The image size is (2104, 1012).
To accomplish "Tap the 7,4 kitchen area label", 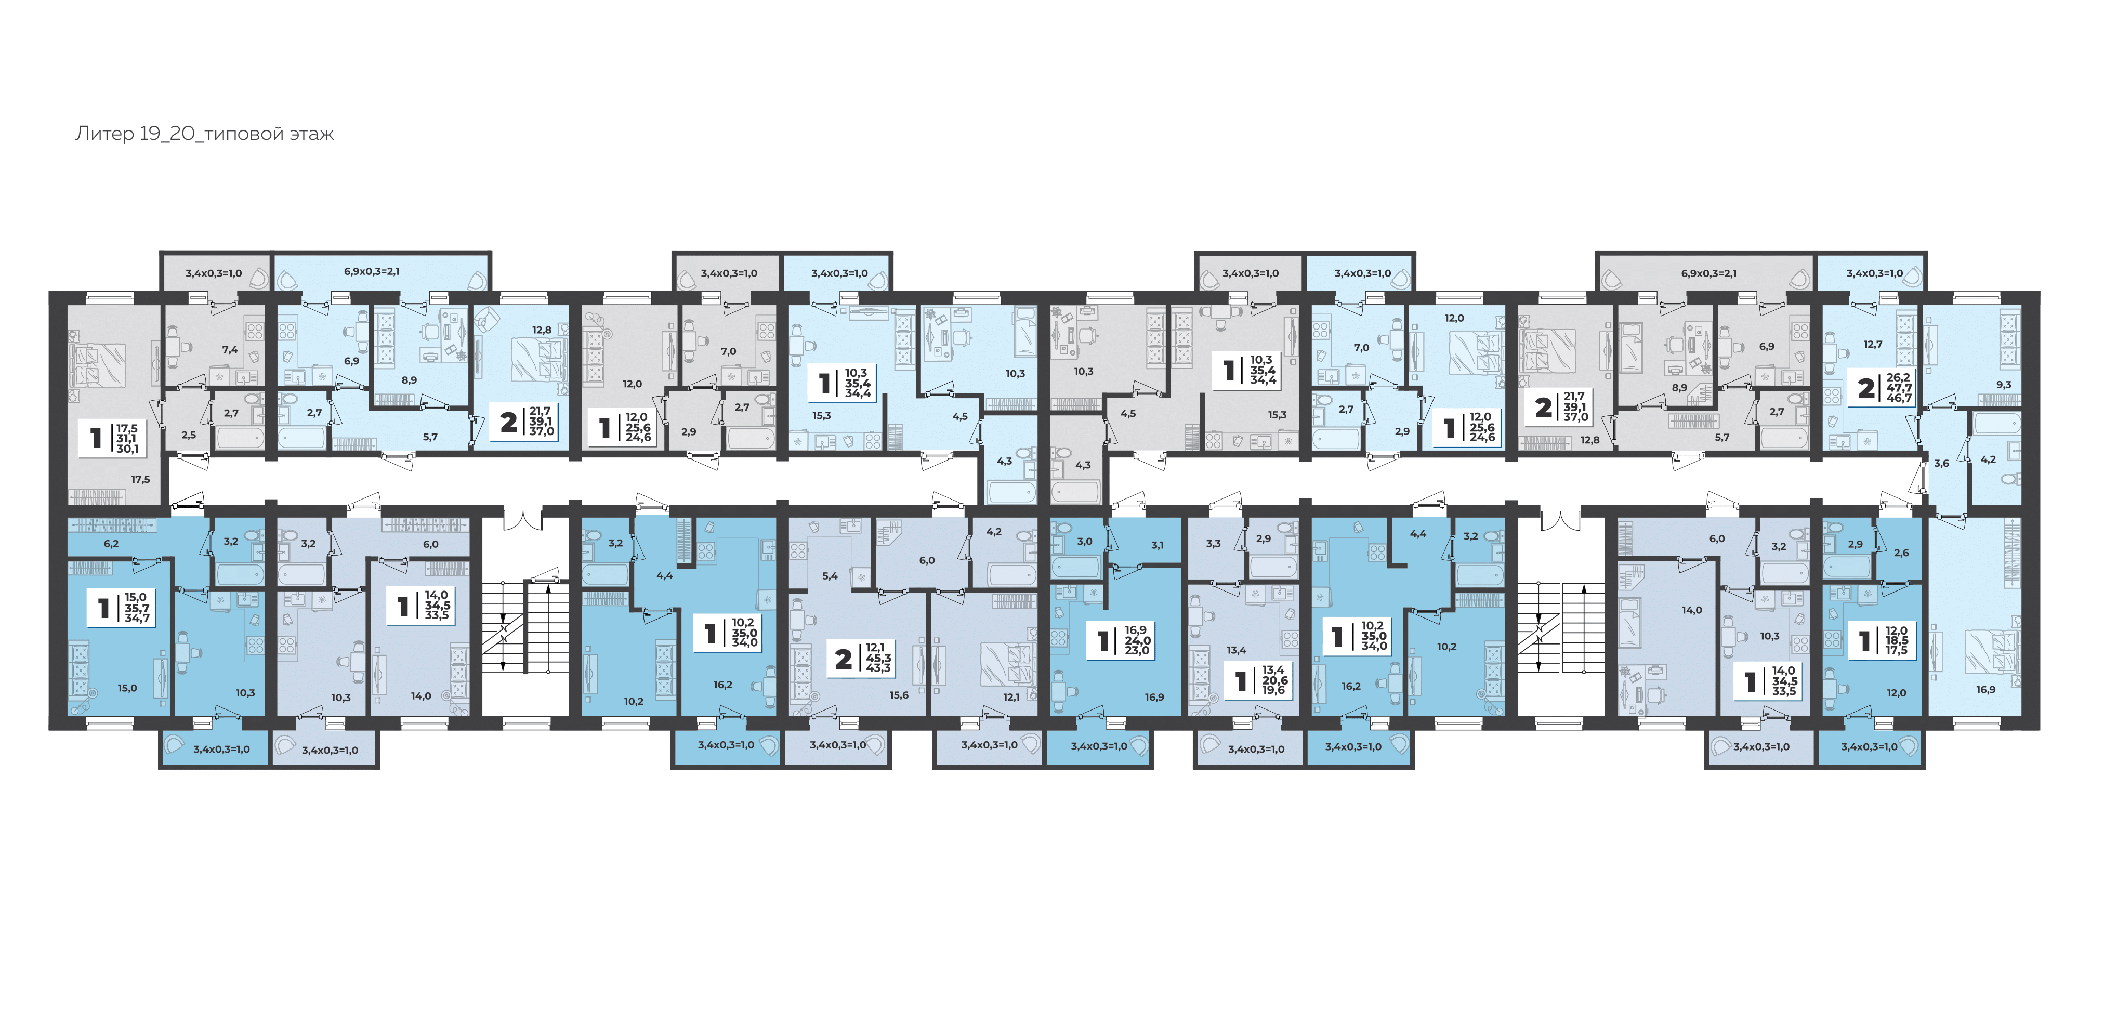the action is click(x=230, y=350).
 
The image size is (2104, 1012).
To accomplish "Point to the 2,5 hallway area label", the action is click(x=189, y=436).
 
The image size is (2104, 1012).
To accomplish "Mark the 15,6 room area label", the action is click(x=899, y=695).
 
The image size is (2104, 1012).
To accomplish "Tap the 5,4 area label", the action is click(x=830, y=576).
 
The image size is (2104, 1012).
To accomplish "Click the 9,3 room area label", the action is click(x=2004, y=384).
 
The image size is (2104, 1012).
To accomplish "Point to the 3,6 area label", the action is click(x=1941, y=463).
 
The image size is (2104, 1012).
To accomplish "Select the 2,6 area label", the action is click(x=1901, y=553).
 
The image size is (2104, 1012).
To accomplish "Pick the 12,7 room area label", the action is click(x=1873, y=344).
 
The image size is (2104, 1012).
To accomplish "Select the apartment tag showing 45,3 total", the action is click(x=862, y=658).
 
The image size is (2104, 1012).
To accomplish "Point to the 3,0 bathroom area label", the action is click(x=1085, y=542).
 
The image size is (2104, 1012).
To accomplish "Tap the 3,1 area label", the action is click(x=1158, y=545).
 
